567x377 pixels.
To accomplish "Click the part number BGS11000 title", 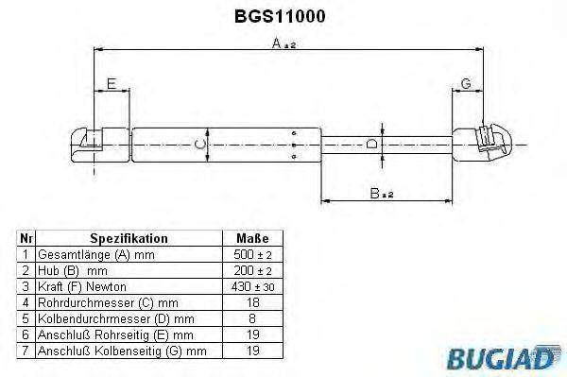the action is tap(280, 16).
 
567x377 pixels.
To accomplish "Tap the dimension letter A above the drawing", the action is tap(277, 43).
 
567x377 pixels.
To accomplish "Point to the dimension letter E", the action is tap(112, 83).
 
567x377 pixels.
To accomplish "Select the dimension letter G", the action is tap(466, 83).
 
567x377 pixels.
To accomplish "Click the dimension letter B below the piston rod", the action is tap(374, 193).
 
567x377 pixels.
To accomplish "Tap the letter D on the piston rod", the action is tap(371, 144).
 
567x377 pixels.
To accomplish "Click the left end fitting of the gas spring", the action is tap(86, 145).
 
